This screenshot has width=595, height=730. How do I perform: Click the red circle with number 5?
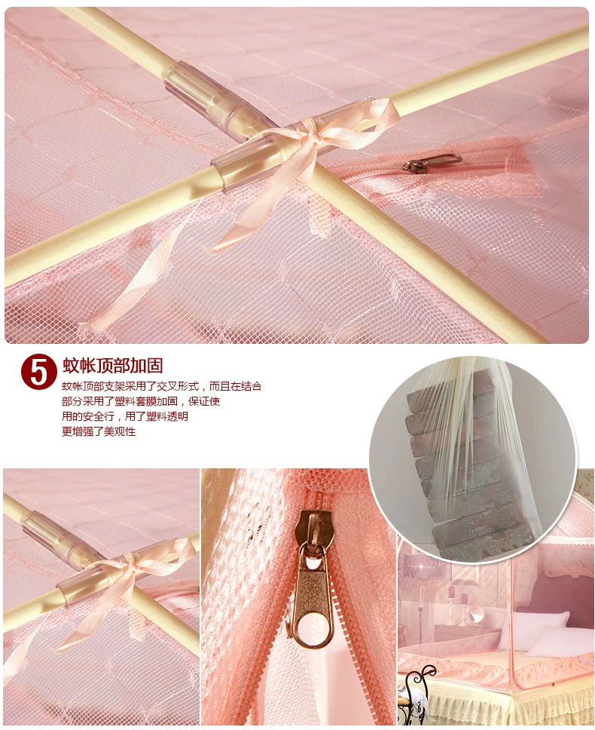point(38,372)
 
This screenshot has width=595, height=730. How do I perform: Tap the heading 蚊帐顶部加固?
point(113,366)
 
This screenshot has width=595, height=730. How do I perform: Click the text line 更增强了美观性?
point(99,431)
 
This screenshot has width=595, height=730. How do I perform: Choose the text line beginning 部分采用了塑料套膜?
point(141,401)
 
